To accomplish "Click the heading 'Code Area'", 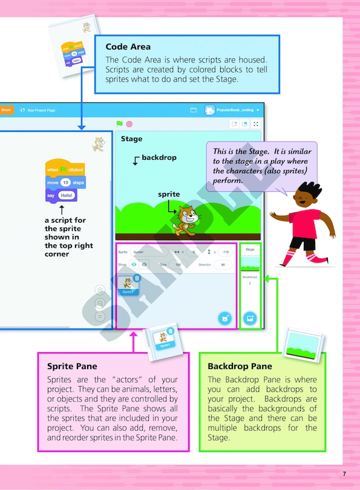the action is [x=128, y=47].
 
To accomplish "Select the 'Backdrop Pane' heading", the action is [x=240, y=367].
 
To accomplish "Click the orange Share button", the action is [x=5, y=110].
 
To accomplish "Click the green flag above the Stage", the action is [x=120, y=124].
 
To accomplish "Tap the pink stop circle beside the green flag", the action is [x=129, y=124].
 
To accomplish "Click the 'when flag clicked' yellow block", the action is [x=65, y=169].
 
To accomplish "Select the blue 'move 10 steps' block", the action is [x=65, y=182].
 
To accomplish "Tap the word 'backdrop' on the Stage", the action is [x=159, y=157].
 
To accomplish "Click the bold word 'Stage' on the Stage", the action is [x=131, y=139].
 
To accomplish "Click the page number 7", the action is [x=344, y=473].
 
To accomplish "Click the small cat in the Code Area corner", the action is [x=96, y=144].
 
